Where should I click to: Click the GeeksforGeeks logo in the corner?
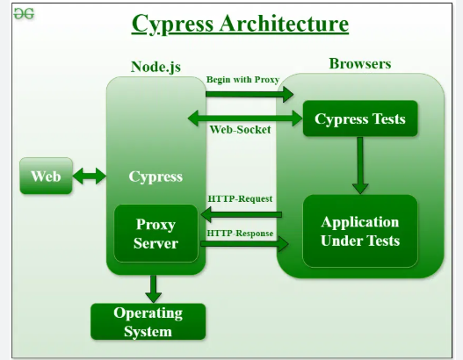(23, 15)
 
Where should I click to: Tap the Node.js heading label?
(156, 66)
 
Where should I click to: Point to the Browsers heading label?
(360, 63)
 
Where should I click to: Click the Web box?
(46, 176)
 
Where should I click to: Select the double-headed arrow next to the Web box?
(89, 176)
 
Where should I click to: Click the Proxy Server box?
(156, 234)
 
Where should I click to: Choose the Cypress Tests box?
(360, 119)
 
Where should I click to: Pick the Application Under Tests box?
(360, 231)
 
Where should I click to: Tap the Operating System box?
(148, 322)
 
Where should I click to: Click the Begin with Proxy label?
(242, 80)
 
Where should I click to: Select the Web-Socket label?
(240, 130)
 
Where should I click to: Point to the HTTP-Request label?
(240, 198)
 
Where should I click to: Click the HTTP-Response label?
(241, 234)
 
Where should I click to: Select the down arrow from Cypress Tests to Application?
(359, 165)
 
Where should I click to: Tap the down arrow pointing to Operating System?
(154, 287)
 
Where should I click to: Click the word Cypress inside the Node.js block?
(156, 176)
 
